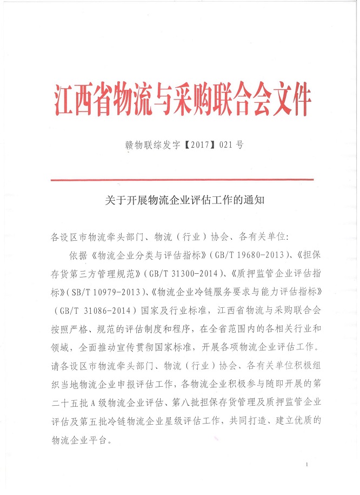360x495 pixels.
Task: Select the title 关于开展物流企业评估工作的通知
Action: pyautogui.click(x=183, y=201)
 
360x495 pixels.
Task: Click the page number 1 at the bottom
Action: pyautogui.click(x=306, y=465)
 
